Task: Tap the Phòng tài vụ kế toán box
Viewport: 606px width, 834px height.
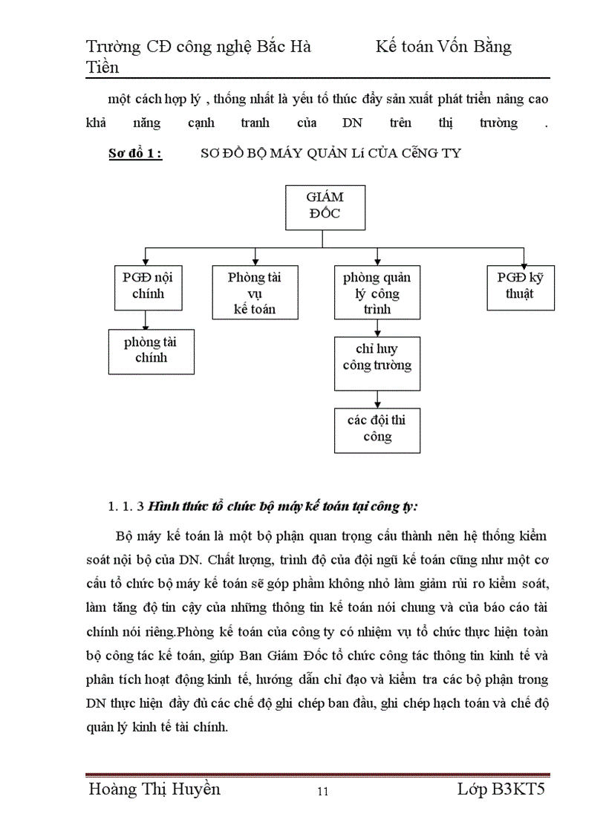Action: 255,293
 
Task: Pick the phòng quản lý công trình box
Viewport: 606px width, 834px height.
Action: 377,293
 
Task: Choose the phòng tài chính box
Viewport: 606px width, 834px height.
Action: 151,351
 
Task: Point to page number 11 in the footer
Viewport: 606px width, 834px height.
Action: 322,792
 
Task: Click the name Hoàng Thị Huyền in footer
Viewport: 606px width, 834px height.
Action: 154,789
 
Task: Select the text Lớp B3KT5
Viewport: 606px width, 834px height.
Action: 501,789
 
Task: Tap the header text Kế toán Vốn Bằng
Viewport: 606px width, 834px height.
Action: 443,47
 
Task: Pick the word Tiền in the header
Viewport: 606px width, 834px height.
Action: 103,68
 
